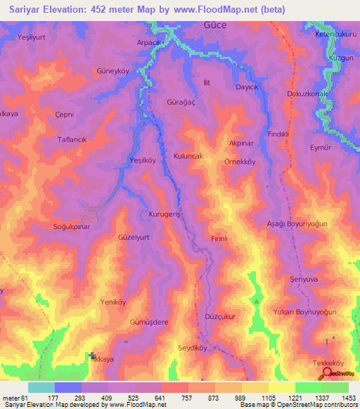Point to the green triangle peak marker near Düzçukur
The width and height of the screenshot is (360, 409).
[257, 301]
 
